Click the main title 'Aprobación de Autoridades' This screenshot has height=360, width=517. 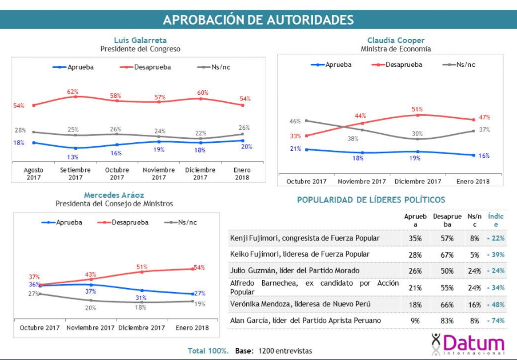[258, 19]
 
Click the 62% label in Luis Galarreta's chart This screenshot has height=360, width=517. [73, 91]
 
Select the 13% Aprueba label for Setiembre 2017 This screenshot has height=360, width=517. [73, 157]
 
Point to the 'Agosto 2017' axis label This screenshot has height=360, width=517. [33, 174]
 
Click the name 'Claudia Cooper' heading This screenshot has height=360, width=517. [396, 41]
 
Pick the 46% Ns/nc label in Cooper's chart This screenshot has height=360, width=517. [295, 121]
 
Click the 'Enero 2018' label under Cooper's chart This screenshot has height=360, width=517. [473, 181]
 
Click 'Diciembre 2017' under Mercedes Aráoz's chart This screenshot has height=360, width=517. [141, 328]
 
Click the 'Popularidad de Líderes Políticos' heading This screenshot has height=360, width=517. [371, 200]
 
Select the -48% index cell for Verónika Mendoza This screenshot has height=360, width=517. [496, 304]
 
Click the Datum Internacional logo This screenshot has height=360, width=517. [467, 343]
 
